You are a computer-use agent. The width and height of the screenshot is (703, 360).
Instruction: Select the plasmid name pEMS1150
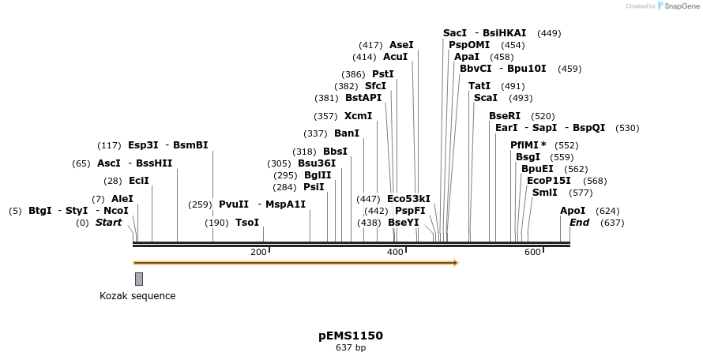click(x=351, y=336)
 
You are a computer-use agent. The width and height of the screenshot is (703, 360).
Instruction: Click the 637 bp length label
click(x=351, y=347)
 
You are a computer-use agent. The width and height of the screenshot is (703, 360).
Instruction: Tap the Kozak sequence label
click(x=137, y=296)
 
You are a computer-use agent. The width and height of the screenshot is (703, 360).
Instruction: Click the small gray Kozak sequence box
click(x=139, y=279)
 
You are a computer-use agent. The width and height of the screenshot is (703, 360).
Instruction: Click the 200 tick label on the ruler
click(x=258, y=252)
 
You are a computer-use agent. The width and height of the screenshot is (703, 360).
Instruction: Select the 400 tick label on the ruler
click(x=395, y=252)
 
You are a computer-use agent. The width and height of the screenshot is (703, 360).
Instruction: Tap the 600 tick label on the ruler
click(x=532, y=252)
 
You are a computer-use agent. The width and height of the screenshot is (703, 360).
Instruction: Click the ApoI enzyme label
click(x=573, y=211)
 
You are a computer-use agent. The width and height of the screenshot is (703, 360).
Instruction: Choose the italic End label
click(x=579, y=223)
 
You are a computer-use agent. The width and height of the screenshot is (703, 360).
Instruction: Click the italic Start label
click(x=108, y=223)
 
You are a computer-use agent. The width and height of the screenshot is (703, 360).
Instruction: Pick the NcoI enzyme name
click(x=115, y=211)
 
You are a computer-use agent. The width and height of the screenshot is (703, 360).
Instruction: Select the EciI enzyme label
click(x=138, y=181)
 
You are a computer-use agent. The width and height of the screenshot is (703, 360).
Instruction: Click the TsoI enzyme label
click(x=247, y=223)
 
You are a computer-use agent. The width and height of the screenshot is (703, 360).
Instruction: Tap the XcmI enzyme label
click(x=358, y=116)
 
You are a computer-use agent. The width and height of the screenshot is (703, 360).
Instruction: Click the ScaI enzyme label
click(x=485, y=98)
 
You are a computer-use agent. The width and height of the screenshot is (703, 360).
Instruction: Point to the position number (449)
click(x=549, y=33)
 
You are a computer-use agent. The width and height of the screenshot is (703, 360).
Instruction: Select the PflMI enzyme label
click(x=524, y=145)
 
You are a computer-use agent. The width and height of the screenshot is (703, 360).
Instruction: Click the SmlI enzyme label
click(x=545, y=193)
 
